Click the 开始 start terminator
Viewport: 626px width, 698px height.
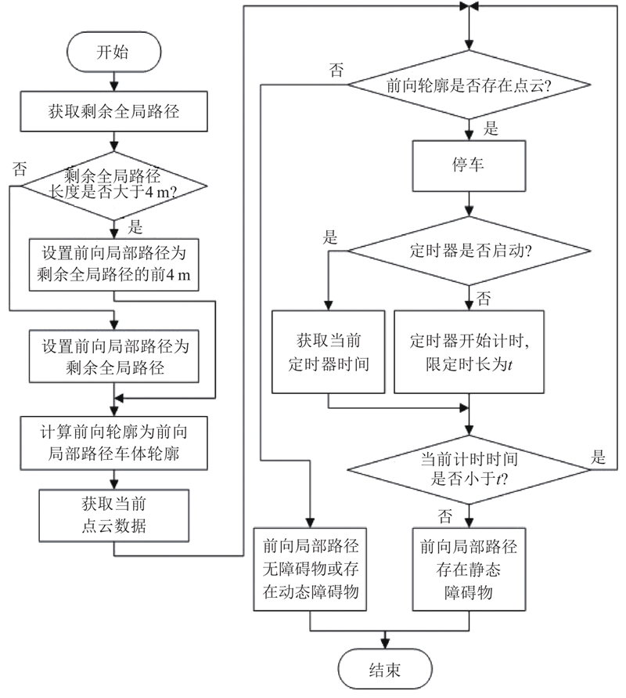click(x=114, y=52)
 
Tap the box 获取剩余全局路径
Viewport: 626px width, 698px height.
click(x=114, y=113)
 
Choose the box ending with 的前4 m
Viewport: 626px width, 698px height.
click(x=114, y=265)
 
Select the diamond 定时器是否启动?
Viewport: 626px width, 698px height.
click(x=468, y=251)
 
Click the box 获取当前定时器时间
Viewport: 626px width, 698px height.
click(x=329, y=352)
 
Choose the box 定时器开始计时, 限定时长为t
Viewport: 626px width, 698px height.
click(x=468, y=352)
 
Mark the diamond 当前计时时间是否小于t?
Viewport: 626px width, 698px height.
click(x=468, y=468)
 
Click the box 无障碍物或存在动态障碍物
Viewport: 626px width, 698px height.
click(x=311, y=569)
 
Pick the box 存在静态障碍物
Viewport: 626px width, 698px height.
click(x=468, y=569)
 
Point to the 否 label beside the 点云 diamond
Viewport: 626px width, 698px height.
click(x=336, y=70)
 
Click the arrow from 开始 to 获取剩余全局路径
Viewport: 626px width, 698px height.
click(x=114, y=80)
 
